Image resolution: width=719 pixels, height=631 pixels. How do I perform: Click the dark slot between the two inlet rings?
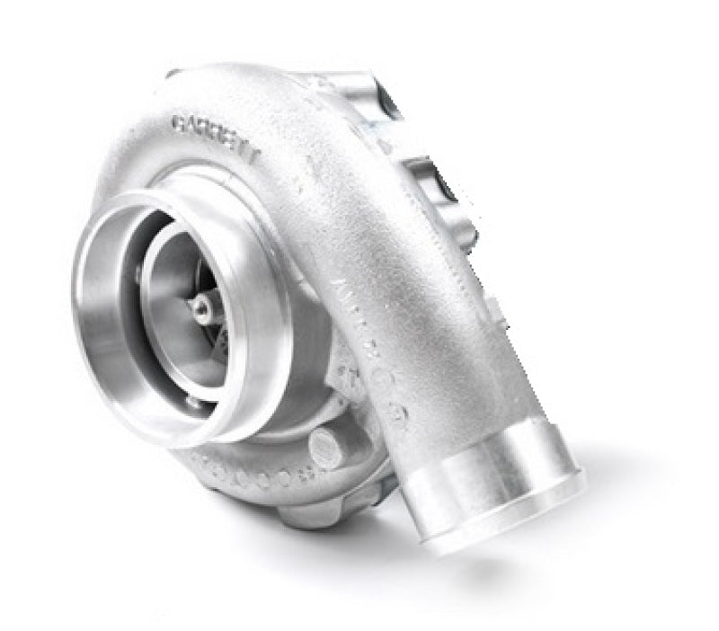(135, 270)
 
